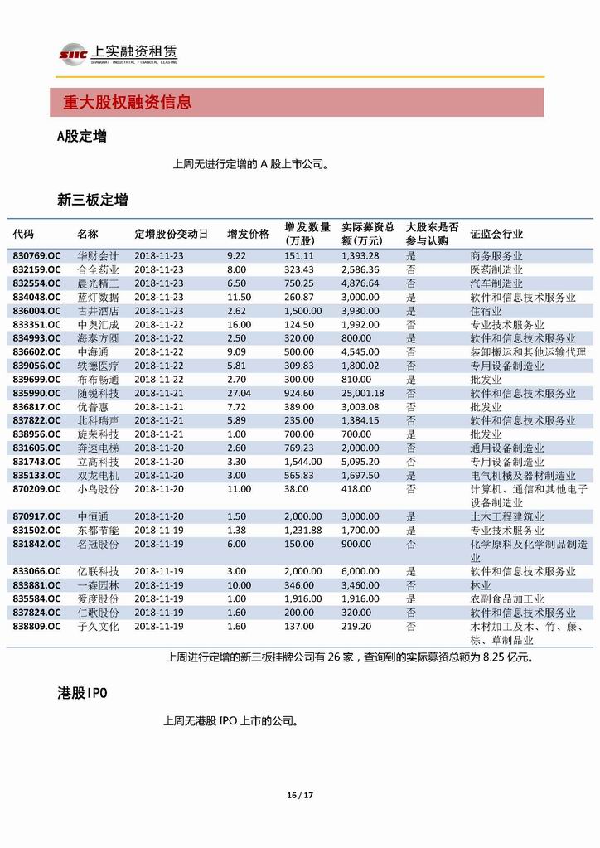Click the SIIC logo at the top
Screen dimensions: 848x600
pos(72,54)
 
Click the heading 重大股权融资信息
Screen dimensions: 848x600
pos(128,103)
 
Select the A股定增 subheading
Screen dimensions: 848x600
pos(81,137)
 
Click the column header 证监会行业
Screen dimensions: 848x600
pos(496,234)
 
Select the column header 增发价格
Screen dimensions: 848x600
pos(249,234)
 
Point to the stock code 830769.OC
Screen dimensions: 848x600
pos(36,256)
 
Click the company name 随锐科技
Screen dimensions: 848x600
pos(98,393)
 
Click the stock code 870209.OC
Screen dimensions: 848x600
pos(36,489)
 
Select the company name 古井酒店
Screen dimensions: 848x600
pos(98,311)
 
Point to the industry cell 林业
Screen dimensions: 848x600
pos(480,585)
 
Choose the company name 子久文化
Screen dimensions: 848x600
pos(98,626)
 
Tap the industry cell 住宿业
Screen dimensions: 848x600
pos(486,311)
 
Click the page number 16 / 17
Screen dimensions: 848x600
pos(300,796)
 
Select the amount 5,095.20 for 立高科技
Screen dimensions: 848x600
pos(360,462)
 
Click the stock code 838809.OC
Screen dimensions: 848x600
pos(36,626)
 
